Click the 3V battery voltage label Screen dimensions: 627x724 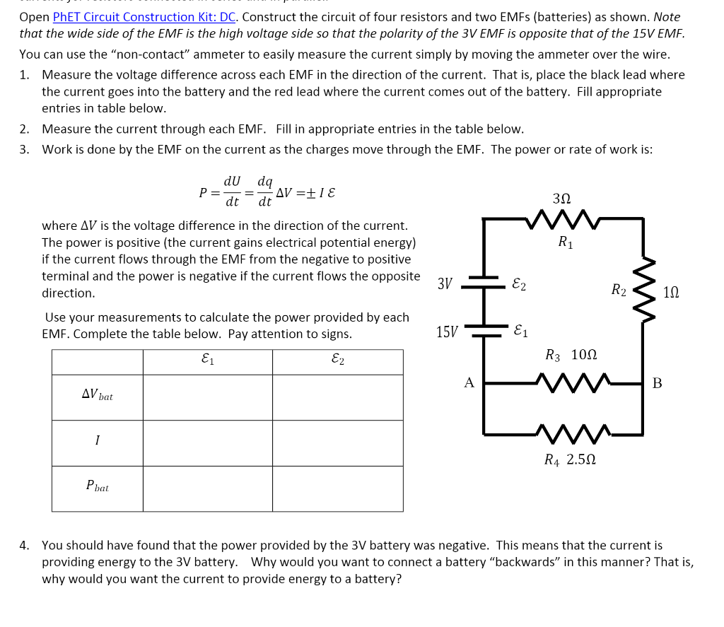click(445, 284)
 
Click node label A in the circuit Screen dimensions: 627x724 click(469, 383)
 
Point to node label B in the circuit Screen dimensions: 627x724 click(657, 383)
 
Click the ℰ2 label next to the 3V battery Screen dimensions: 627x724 click(518, 284)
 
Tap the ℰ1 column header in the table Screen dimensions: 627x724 click(207, 361)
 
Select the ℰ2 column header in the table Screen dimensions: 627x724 click(337, 361)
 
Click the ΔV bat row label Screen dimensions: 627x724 click(97, 395)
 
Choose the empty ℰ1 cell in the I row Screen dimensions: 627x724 click(207, 443)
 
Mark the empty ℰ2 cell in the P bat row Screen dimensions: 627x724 click(337, 488)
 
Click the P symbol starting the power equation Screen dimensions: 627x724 click(204, 192)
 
